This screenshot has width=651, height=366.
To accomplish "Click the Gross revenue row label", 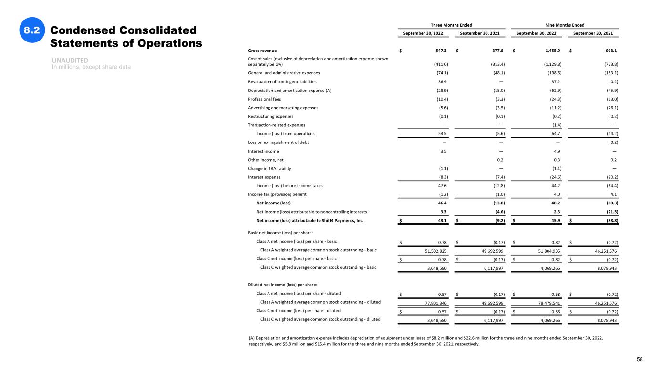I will click(262, 51).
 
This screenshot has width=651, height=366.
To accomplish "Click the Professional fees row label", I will click(264, 99).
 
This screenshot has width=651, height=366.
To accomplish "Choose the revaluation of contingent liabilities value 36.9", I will click(442, 81).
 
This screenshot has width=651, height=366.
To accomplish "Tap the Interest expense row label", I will click(264, 177).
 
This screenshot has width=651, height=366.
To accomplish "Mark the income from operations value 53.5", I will click(442, 133).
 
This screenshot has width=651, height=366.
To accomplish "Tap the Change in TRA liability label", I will click(269, 168).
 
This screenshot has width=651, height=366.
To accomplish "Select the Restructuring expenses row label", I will click(270, 116).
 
